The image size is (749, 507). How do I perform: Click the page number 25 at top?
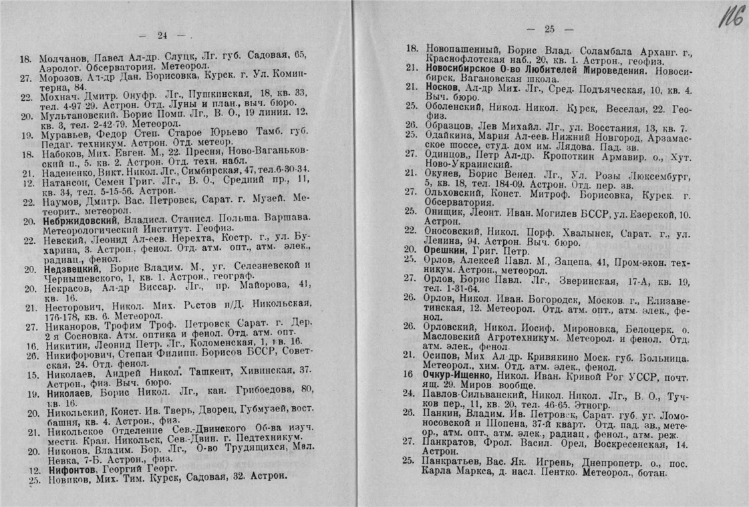[550, 28]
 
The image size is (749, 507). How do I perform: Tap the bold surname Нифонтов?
[65, 469]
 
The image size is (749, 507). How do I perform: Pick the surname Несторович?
[67, 308]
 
